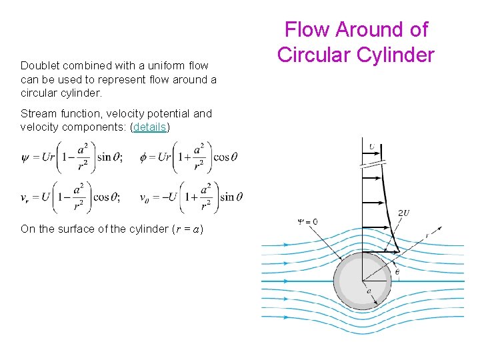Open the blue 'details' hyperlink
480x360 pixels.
(x=150, y=127)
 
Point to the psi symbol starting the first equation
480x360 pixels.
(x=25, y=158)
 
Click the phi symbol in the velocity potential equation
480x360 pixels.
(x=144, y=158)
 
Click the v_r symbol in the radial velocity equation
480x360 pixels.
(x=25, y=197)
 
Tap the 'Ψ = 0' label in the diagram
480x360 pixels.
(x=307, y=222)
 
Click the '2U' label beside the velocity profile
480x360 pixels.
(x=403, y=213)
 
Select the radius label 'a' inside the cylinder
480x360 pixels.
(x=369, y=291)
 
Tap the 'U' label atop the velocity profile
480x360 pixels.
(x=371, y=146)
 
